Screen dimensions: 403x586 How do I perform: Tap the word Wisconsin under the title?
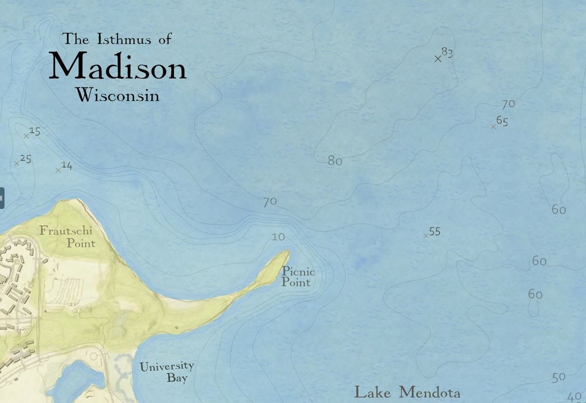[x=117, y=95]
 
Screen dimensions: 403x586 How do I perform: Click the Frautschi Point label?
[x=68, y=237]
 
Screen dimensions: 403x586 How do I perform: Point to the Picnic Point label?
[x=298, y=277]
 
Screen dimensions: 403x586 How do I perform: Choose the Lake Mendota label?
[x=407, y=393]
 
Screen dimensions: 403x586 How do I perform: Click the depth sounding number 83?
[x=447, y=53]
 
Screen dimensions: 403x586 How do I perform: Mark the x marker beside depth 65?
[x=493, y=126]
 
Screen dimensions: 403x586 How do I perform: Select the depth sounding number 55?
[x=435, y=232]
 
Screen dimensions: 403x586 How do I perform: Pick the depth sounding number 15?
[x=35, y=131]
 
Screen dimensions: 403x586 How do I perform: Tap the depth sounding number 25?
[x=26, y=159]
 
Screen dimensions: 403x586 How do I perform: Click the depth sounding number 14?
[x=67, y=165]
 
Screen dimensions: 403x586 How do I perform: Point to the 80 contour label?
[x=335, y=161]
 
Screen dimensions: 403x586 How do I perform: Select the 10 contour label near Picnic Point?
[x=278, y=237]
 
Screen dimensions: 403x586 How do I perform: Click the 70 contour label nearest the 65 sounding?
[x=508, y=104]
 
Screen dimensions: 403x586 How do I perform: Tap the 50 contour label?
[x=559, y=377]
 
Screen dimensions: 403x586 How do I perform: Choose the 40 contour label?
[x=574, y=397]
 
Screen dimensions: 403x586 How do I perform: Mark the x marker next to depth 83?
[x=438, y=59]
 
